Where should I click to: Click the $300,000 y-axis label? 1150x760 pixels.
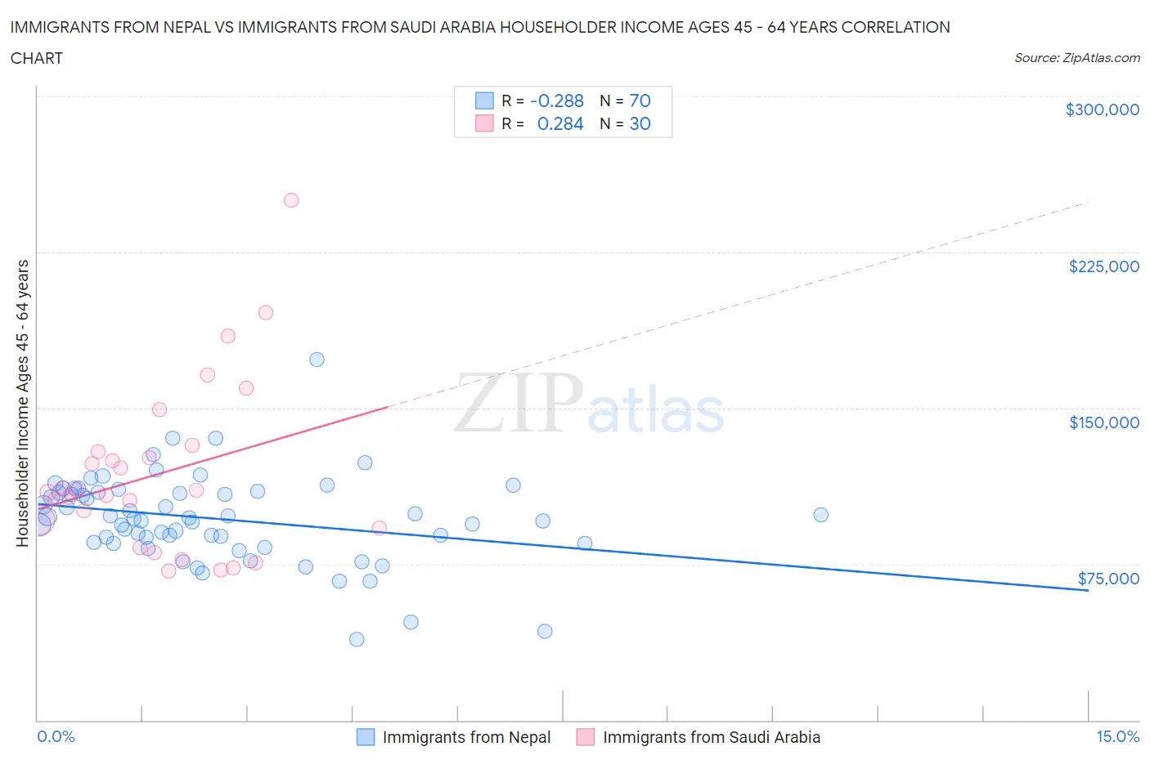(1102, 110)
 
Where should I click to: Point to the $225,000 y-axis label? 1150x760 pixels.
(1103, 266)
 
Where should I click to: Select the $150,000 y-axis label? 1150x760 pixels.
(1103, 422)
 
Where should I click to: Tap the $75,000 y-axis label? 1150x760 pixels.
(1108, 579)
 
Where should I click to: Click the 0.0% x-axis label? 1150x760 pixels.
(56, 736)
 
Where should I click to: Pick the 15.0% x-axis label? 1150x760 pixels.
(1117, 736)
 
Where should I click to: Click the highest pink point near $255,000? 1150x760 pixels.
(291, 200)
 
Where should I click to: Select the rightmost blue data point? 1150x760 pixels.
(820, 515)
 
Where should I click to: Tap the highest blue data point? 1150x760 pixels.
(317, 360)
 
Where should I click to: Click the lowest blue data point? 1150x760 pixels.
(357, 639)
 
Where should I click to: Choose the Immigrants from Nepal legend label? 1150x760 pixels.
(466, 737)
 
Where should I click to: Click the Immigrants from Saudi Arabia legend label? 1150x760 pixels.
(711, 737)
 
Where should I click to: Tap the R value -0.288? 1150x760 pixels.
(557, 101)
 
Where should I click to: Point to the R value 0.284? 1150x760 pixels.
(560, 123)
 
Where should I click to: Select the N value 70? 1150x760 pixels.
(640, 101)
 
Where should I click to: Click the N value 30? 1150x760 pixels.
(640, 123)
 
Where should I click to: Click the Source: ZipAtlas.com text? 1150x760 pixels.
(1076, 58)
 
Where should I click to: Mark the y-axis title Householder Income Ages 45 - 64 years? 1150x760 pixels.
(22, 403)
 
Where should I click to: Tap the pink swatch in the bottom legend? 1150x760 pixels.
(585, 737)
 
